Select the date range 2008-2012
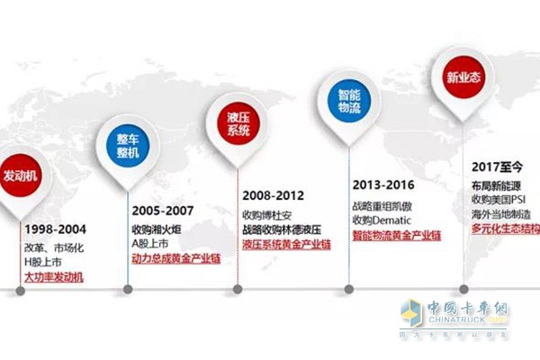pos(273,194)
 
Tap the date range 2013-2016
pos(382,184)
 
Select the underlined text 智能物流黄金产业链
pos(396,235)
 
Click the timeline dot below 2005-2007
pos(127,290)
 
